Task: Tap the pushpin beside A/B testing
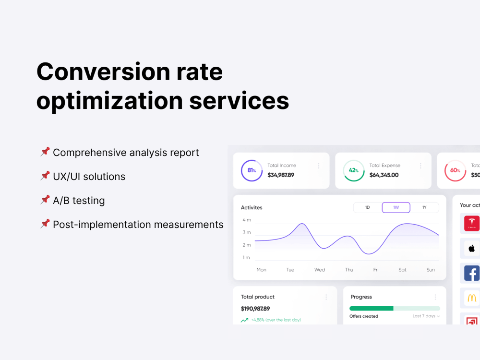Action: click(x=45, y=200)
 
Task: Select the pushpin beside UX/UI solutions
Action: click(x=45, y=176)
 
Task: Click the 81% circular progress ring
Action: click(x=252, y=170)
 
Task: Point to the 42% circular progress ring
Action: click(x=354, y=170)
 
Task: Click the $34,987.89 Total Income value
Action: click(x=281, y=175)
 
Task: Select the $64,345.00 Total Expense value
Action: click(x=384, y=175)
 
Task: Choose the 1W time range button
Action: click(x=396, y=207)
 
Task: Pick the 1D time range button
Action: click(x=368, y=207)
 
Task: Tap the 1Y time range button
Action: click(x=424, y=207)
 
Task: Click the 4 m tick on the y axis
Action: click(x=246, y=220)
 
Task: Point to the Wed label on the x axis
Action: click(x=320, y=270)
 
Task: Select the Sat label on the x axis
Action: click(x=402, y=270)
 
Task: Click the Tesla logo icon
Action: click(x=471, y=223)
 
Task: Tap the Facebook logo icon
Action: click(x=471, y=273)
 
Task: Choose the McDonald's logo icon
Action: click(x=471, y=298)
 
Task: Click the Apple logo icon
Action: click(x=471, y=248)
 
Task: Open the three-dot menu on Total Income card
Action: click(x=319, y=166)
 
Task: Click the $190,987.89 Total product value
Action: click(x=255, y=309)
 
